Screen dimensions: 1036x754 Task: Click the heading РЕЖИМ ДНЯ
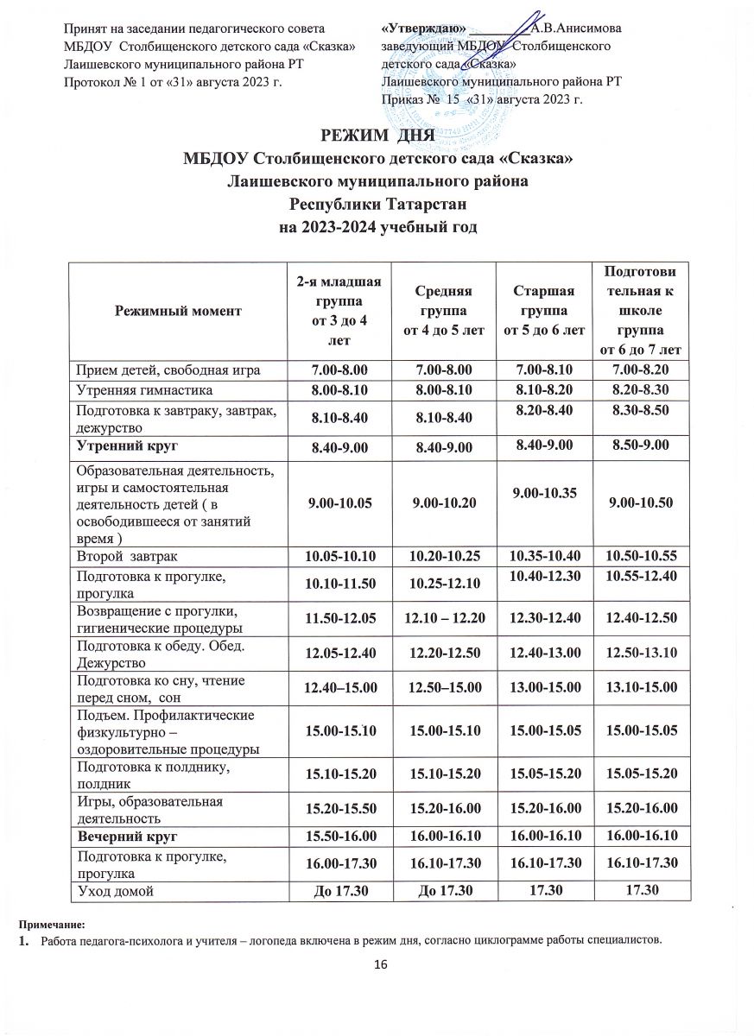377,137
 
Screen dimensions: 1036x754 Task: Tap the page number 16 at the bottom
377,963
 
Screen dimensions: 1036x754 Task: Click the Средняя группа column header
441,311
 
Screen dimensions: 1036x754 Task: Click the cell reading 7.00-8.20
640,370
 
